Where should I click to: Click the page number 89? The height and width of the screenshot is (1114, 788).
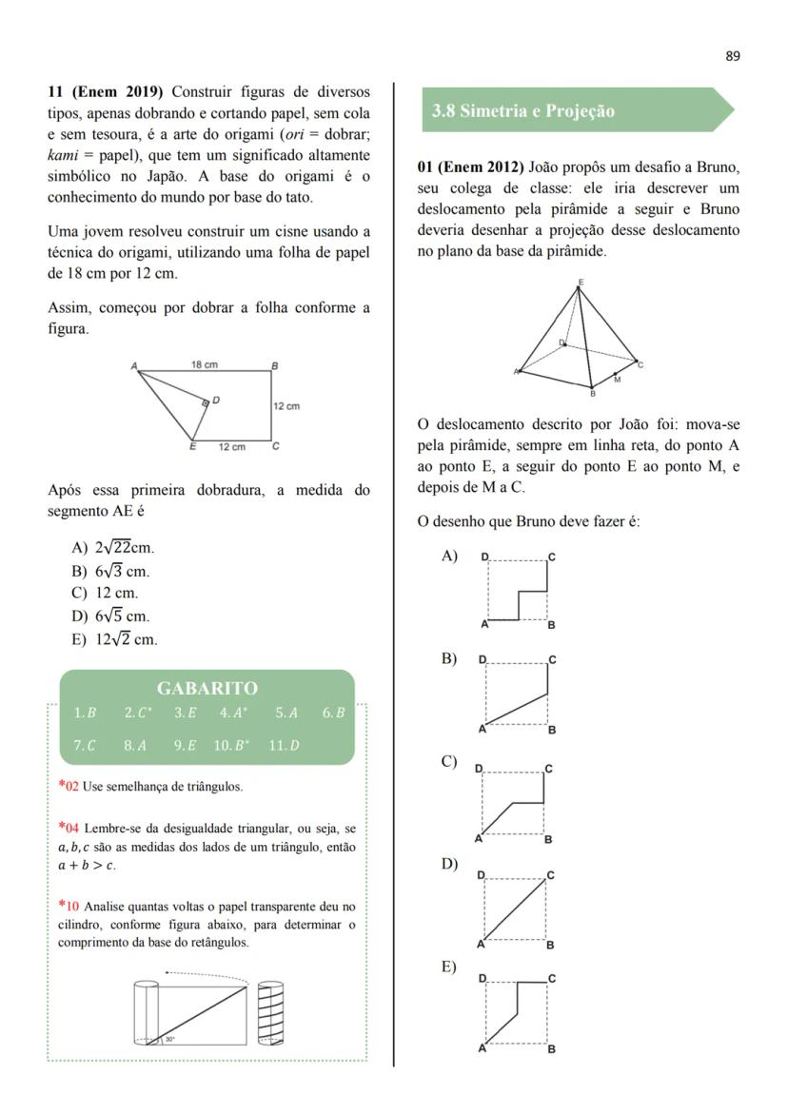point(732,56)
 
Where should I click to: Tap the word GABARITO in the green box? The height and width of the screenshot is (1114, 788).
point(207,688)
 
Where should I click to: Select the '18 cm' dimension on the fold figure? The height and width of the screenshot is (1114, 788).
point(204,364)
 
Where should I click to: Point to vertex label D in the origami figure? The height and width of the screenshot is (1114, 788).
point(216,401)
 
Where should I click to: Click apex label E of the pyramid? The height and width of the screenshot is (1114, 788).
point(581,282)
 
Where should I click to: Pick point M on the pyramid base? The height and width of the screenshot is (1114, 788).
point(617,380)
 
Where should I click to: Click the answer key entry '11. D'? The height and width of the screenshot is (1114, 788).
point(284,745)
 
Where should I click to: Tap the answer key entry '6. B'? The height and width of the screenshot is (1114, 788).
point(332,713)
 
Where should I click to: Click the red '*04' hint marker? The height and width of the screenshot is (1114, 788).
point(69,828)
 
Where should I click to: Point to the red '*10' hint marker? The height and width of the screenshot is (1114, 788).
point(69,906)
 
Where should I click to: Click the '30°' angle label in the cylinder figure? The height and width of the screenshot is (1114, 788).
point(169,1039)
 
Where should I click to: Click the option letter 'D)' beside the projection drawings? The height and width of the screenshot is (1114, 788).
point(449,864)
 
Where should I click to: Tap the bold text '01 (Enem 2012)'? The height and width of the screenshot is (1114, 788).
point(470,167)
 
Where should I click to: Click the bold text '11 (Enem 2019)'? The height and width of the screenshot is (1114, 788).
point(106,91)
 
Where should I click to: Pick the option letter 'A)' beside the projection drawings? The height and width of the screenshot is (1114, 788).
point(449,556)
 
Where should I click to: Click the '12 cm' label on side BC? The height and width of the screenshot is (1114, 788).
point(286,406)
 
